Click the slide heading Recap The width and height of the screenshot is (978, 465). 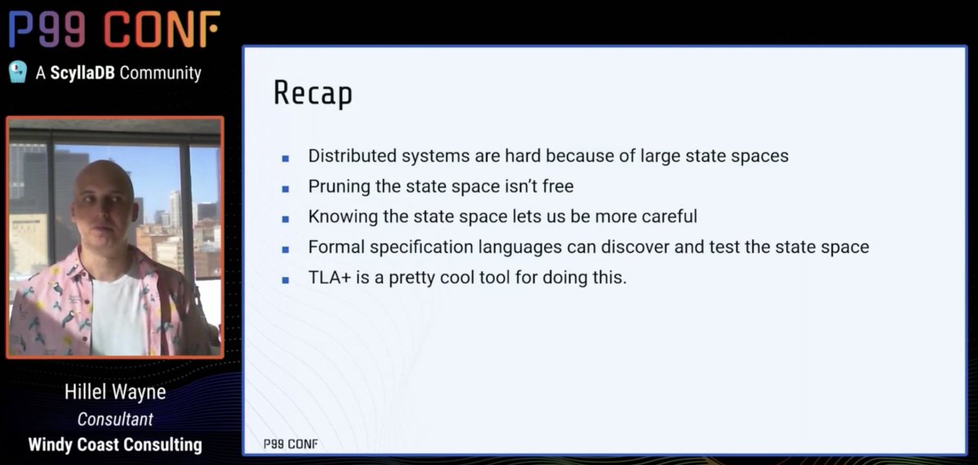pos(313,93)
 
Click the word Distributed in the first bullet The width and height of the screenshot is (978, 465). pos(348,156)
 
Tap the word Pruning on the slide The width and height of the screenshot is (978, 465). pos(337,187)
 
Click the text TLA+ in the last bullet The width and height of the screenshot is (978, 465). pos(327,277)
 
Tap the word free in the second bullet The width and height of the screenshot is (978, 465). pos(557,187)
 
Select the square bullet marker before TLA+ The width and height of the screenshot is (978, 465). pos(285,279)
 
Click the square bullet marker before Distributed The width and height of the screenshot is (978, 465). pos(285,157)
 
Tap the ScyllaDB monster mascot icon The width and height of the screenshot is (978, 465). pos(18,73)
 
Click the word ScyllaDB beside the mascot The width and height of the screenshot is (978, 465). pos(82,73)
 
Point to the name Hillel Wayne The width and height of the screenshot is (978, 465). pos(115,392)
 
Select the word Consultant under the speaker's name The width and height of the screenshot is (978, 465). pos(115,419)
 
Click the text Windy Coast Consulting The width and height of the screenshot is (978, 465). pos(115,445)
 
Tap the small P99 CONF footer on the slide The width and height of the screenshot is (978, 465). pos(290,444)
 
